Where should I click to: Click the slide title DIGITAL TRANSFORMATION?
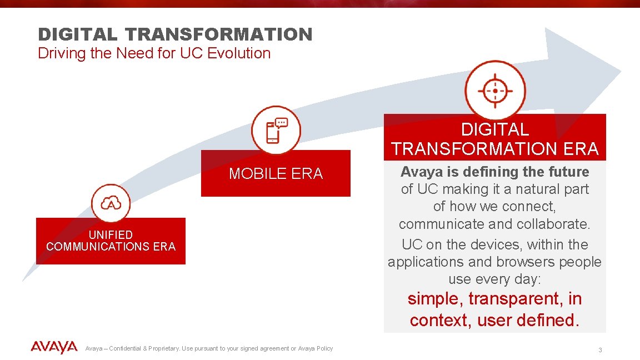click(175, 34)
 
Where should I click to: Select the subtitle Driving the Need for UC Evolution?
click(154, 53)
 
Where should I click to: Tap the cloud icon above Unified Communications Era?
click(111, 203)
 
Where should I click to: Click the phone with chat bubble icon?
click(276, 131)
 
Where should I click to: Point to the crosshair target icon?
click(494, 90)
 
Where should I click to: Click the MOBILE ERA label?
click(276, 174)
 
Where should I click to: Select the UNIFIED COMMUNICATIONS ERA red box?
click(111, 241)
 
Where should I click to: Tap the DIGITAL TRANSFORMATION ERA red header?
click(494, 139)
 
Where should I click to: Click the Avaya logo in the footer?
click(54, 348)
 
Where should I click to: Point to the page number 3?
click(600, 350)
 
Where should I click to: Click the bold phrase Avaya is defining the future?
click(494, 172)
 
